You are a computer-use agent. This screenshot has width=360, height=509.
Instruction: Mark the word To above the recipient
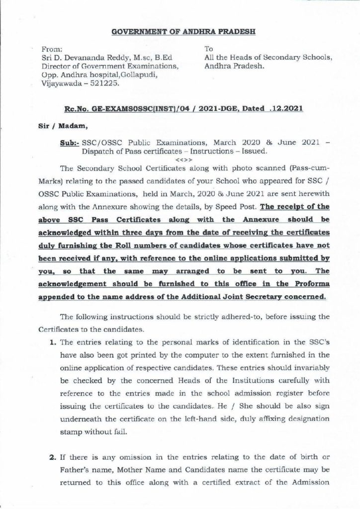click(x=208, y=49)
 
